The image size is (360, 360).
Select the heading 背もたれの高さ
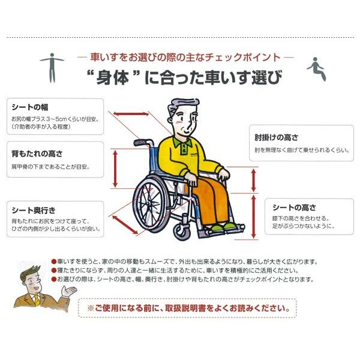(x=37, y=154)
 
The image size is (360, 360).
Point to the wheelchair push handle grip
(x=140, y=143)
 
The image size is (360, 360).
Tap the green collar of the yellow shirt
(x=187, y=143)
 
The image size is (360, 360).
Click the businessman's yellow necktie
(x=38, y=299)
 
